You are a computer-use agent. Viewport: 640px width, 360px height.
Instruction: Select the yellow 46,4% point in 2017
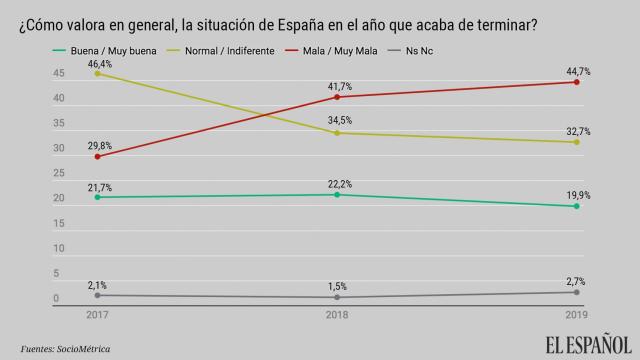pyautogui.click(x=97, y=73)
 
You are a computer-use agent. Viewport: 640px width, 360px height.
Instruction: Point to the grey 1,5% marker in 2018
pyautogui.click(x=337, y=297)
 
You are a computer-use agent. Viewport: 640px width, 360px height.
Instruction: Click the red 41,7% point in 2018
pyautogui.click(x=337, y=97)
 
